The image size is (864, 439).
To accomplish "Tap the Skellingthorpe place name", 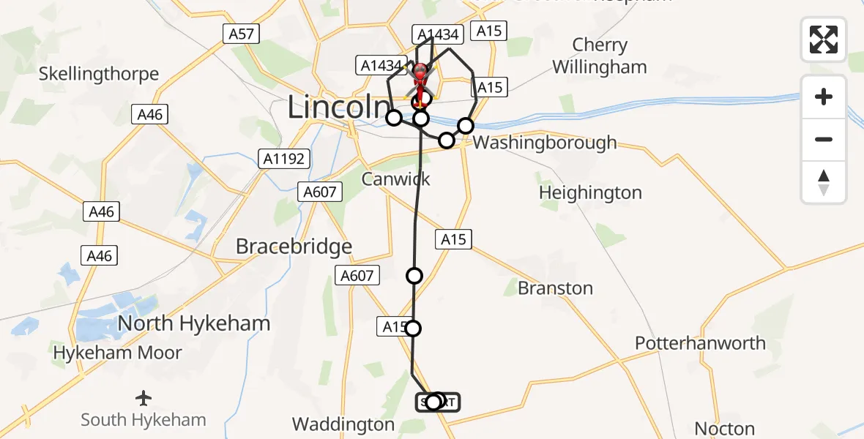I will click(x=99, y=74).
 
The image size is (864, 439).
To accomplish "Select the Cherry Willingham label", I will click(x=600, y=56).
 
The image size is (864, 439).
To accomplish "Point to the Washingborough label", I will click(x=545, y=142).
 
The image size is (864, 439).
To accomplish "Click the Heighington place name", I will click(x=590, y=193).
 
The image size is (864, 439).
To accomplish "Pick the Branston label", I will click(x=555, y=288).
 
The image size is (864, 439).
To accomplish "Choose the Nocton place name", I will click(x=724, y=429).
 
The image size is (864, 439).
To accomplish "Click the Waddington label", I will click(x=343, y=424).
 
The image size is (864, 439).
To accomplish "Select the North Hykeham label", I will click(x=194, y=323).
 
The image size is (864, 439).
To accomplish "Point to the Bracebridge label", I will click(x=294, y=247).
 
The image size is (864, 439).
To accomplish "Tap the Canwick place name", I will click(x=395, y=179).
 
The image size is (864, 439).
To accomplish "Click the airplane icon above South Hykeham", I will click(x=144, y=399).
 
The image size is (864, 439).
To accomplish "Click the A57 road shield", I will click(x=240, y=34).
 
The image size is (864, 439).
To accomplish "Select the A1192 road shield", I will click(x=285, y=159).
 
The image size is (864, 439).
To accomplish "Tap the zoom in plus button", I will click(x=824, y=97).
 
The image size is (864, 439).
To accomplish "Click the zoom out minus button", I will click(x=824, y=139).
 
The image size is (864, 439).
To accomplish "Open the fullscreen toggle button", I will click(x=824, y=40).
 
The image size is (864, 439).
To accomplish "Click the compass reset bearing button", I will click(x=824, y=182).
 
